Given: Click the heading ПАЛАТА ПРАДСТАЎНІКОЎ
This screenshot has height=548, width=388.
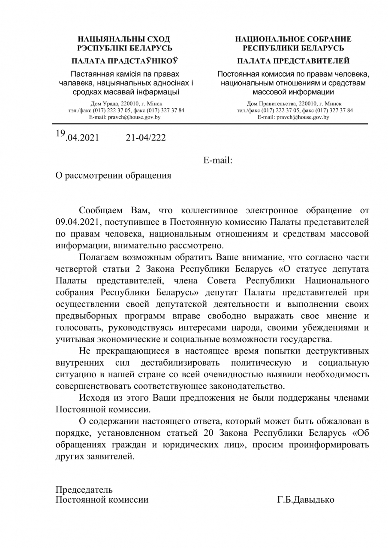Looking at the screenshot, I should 125,60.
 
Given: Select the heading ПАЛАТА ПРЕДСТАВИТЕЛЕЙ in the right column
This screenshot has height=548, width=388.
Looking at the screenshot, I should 293,60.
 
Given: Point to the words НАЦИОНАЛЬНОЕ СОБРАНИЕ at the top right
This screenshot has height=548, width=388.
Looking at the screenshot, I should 293,39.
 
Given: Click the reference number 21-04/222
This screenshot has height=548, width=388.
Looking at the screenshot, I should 145,137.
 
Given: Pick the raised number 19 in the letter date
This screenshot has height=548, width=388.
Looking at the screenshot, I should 60,133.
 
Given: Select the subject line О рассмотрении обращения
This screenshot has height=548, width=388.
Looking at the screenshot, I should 113,176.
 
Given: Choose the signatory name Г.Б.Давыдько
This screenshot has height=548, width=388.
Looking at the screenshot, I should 306,500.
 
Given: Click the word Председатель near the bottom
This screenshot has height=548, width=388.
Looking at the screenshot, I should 84,489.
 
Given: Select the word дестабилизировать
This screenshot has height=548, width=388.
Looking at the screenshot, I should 180,363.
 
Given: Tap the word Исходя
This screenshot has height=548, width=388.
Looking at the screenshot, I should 93,398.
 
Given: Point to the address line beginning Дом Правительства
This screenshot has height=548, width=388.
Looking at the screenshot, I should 294,104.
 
